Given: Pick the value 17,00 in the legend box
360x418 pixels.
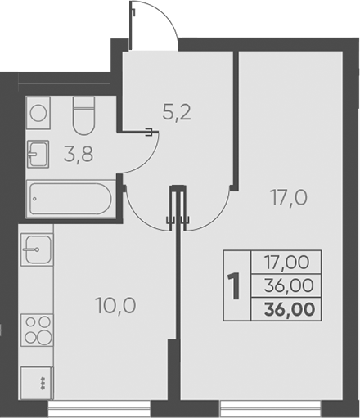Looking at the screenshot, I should point(286,263).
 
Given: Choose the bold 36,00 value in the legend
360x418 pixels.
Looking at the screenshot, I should point(286,309).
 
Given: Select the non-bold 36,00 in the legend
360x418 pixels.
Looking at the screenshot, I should point(286,286).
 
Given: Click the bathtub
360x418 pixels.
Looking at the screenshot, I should point(69,199).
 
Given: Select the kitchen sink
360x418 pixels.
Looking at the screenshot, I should point(37,248).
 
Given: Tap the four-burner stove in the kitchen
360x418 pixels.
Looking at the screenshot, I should point(37,329).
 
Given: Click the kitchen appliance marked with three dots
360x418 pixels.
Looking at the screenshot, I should point(37,380).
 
